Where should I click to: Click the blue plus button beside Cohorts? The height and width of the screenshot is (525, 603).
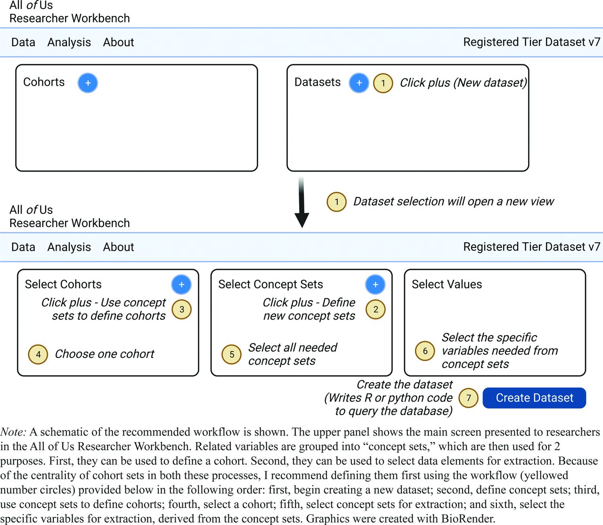click(x=88, y=83)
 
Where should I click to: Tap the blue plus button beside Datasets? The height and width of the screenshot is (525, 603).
click(x=359, y=83)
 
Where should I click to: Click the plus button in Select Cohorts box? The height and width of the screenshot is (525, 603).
click(x=181, y=285)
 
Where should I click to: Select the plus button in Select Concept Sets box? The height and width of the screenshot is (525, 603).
click(x=375, y=285)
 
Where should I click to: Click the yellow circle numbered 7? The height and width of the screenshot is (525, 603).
click(x=468, y=398)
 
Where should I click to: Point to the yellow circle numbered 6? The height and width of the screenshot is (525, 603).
click(x=425, y=351)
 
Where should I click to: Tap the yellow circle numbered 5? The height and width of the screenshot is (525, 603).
click(x=231, y=354)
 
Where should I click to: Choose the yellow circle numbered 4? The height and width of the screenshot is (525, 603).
click(x=38, y=354)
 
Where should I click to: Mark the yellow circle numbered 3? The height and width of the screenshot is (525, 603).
click(x=181, y=309)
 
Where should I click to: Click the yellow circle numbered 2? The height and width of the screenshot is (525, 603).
click(x=375, y=309)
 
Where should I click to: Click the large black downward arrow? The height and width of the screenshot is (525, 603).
click(x=301, y=202)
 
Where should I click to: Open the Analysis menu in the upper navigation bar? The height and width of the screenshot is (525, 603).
click(x=69, y=42)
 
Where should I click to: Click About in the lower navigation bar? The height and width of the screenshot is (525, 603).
click(x=118, y=247)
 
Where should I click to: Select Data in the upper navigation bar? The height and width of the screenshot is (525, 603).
click(x=23, y=42)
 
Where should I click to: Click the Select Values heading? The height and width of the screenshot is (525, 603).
click(x=447, y=284)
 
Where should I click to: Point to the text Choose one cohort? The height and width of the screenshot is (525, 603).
click(x=105, y=354)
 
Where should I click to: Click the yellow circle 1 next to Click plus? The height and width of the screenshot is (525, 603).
click(x=383, y=83)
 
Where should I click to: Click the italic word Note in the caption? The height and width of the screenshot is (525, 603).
click(x=13, y=432)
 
